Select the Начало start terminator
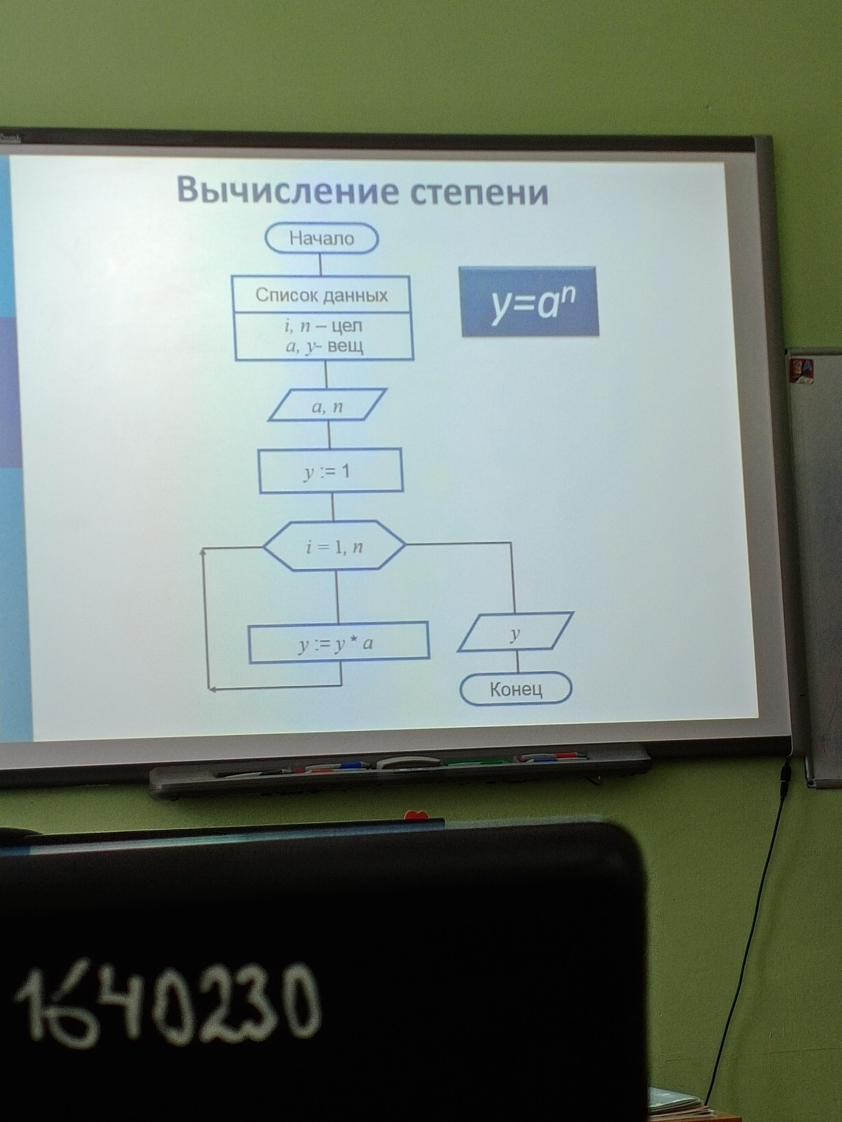pos(322,238)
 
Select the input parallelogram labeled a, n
pos(327,405)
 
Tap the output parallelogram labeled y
pos(516,632)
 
